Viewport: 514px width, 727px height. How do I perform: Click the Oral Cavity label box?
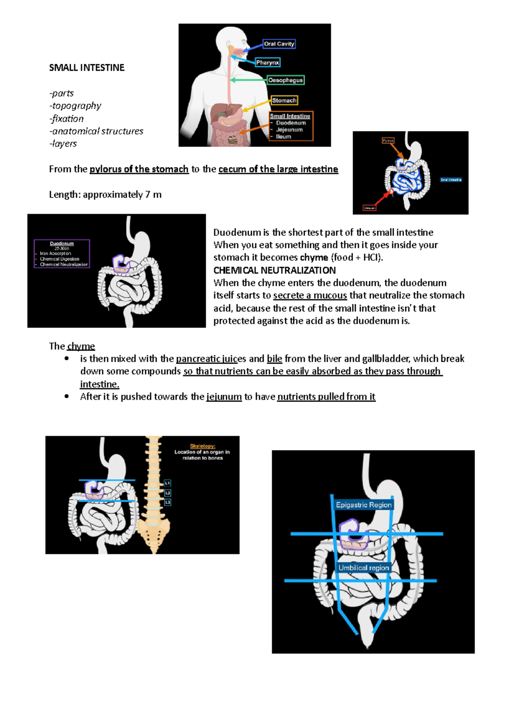tap(279, 44)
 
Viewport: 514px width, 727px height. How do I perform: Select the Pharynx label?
tap(268, 63)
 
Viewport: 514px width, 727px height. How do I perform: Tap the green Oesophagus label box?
tap(285, 80)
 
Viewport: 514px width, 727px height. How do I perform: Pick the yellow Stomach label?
tap(284, 100)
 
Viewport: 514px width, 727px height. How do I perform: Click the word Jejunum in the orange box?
tap(289, 130)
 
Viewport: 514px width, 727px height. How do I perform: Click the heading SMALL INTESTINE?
tap(87, 68)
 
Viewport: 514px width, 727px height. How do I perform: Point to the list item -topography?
tap(75, 106)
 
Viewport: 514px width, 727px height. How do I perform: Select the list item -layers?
tap(63, 144)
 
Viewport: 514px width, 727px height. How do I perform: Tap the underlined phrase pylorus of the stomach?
tap(139, 169)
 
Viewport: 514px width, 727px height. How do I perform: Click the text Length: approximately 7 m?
tap(105, 195)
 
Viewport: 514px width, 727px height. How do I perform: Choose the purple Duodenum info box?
tap(62, 253)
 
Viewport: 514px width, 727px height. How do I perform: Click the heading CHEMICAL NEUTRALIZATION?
tap(274, 271)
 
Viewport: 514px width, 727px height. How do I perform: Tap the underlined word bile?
tap(274, 359)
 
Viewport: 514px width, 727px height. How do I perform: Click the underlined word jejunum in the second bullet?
tap(224, 397)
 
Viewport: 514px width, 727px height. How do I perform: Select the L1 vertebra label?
tap(167, 483)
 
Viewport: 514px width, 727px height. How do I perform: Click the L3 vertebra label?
tap(167, 502)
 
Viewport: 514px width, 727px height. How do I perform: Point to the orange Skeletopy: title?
tap(203, 446)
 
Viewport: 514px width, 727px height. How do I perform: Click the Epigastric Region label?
tap(364, 505)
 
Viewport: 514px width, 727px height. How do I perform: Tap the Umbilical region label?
tap(364, 568)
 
